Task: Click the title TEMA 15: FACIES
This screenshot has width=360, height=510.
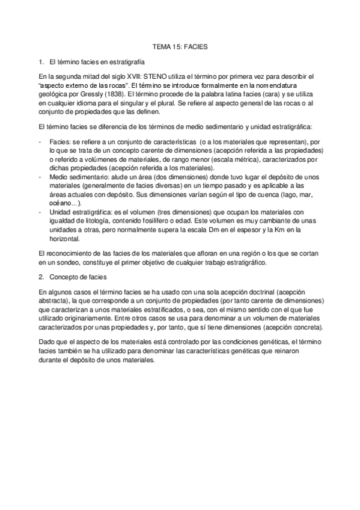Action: point(180,46)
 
